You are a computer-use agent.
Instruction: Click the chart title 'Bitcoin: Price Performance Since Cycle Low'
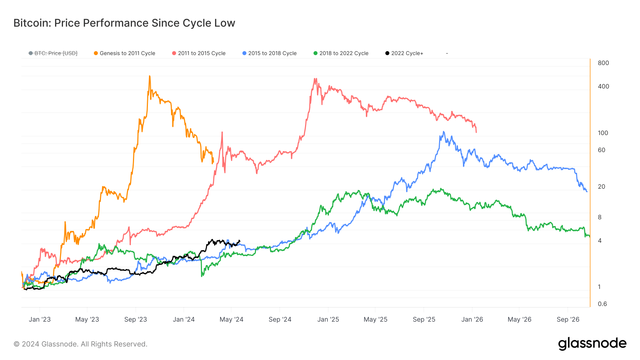(124, 23)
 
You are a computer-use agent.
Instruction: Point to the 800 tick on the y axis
(603, 63)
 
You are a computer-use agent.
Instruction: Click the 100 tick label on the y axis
(603, 133)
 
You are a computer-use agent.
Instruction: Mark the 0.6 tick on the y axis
(602, 304)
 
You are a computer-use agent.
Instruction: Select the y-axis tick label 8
(600, 217)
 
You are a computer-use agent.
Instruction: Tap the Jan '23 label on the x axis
(40, 319)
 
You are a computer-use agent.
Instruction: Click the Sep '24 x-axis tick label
(280, 319)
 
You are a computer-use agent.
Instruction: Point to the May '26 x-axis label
(519, 319)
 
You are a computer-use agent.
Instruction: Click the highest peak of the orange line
(149, 76)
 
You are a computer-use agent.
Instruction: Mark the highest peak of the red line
(315, 79)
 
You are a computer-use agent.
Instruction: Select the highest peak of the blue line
(443, 132)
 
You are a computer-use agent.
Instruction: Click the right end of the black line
(239, 241)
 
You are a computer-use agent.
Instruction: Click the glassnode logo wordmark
(592, 344)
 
